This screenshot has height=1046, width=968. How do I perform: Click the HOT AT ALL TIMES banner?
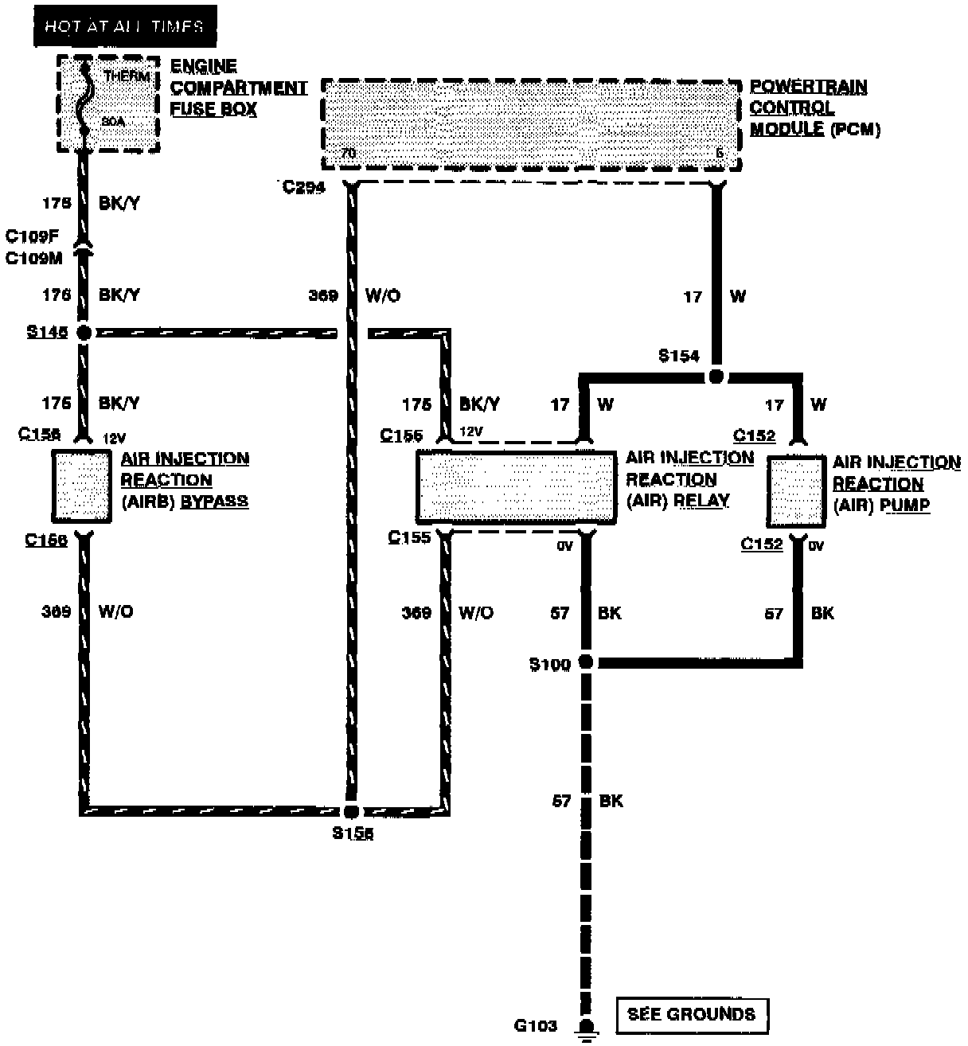coord(124,27)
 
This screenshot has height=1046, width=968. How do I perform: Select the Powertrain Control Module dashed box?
coord(531,123)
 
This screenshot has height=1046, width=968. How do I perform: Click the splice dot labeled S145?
coord(84,333)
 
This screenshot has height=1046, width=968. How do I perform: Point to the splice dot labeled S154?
coord(716,376)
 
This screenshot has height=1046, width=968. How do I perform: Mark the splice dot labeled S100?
coord(586,662)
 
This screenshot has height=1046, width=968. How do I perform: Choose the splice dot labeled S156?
coord(351,812)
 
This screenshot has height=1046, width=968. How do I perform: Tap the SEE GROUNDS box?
coord(691,1014)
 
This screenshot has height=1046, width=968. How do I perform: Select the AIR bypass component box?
coord(82,486)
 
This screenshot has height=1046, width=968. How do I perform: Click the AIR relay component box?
coord(516,487)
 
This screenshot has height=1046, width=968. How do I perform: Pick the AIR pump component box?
coord(795,491)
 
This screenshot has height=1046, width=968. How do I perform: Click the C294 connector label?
coord(304,189)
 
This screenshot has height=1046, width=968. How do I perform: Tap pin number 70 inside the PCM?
coord(348,154)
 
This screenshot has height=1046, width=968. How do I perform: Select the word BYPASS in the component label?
coord(214,502)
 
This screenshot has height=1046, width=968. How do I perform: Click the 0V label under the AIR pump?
coord(816,547)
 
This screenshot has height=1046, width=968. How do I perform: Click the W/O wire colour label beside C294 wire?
coord(383,296)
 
